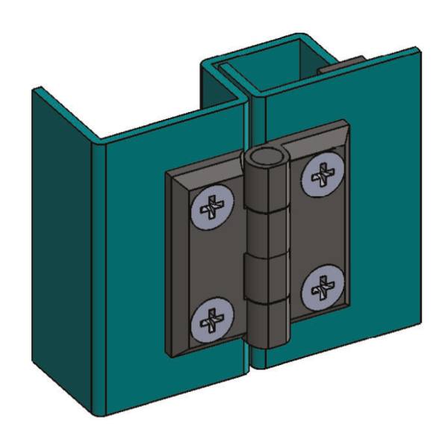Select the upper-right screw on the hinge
click(322, 177)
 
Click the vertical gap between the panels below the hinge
click(251, 358)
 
